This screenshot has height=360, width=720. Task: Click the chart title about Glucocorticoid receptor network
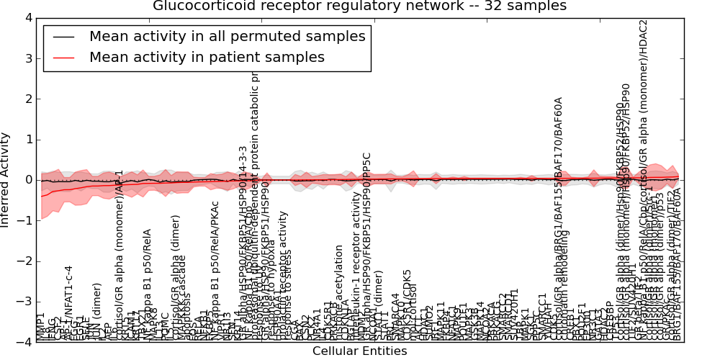359,6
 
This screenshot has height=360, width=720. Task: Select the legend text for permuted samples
227,36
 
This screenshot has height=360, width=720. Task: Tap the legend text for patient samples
207,57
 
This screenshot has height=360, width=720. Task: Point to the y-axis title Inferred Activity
6,179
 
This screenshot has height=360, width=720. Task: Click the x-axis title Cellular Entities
359,351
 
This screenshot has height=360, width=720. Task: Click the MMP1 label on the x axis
41,327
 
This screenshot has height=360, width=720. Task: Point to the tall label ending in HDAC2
644,108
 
